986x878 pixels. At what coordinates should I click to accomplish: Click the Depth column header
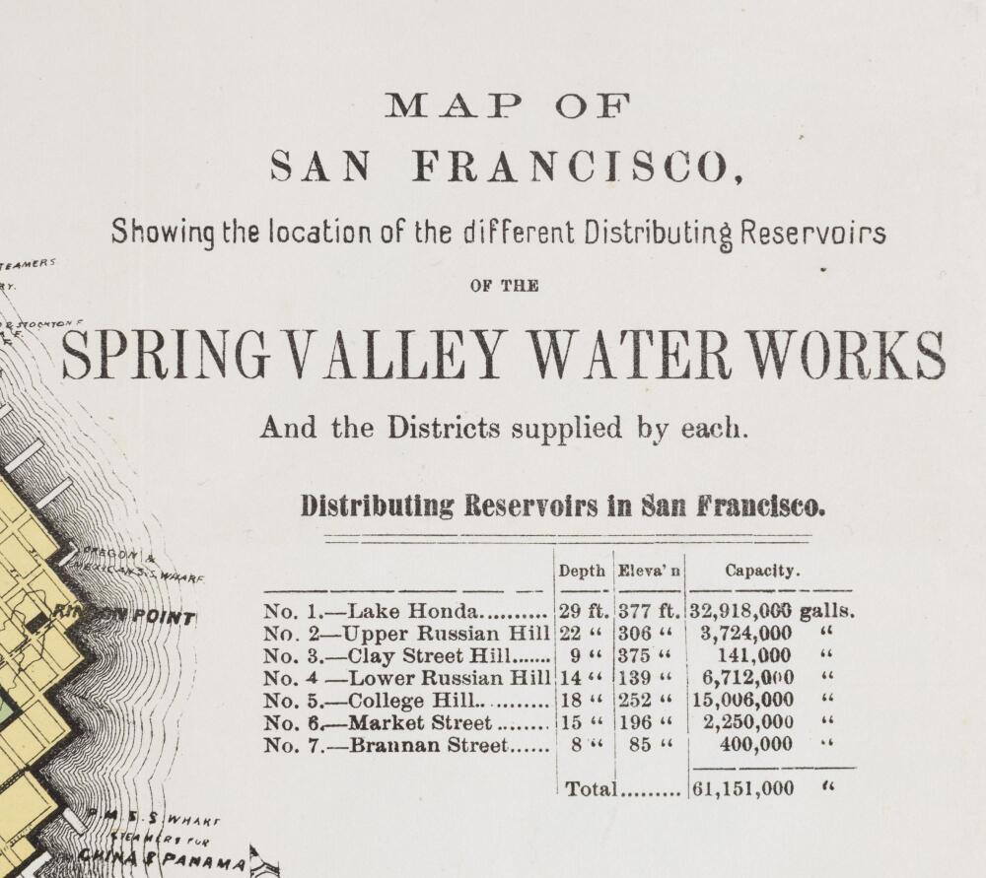[x=582, y=571]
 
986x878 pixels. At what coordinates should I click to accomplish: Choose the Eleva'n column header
[x=649, y=571]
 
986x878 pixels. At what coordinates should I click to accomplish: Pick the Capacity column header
[x=762, y=571]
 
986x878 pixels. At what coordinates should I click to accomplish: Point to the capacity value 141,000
[x=754, y=656]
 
